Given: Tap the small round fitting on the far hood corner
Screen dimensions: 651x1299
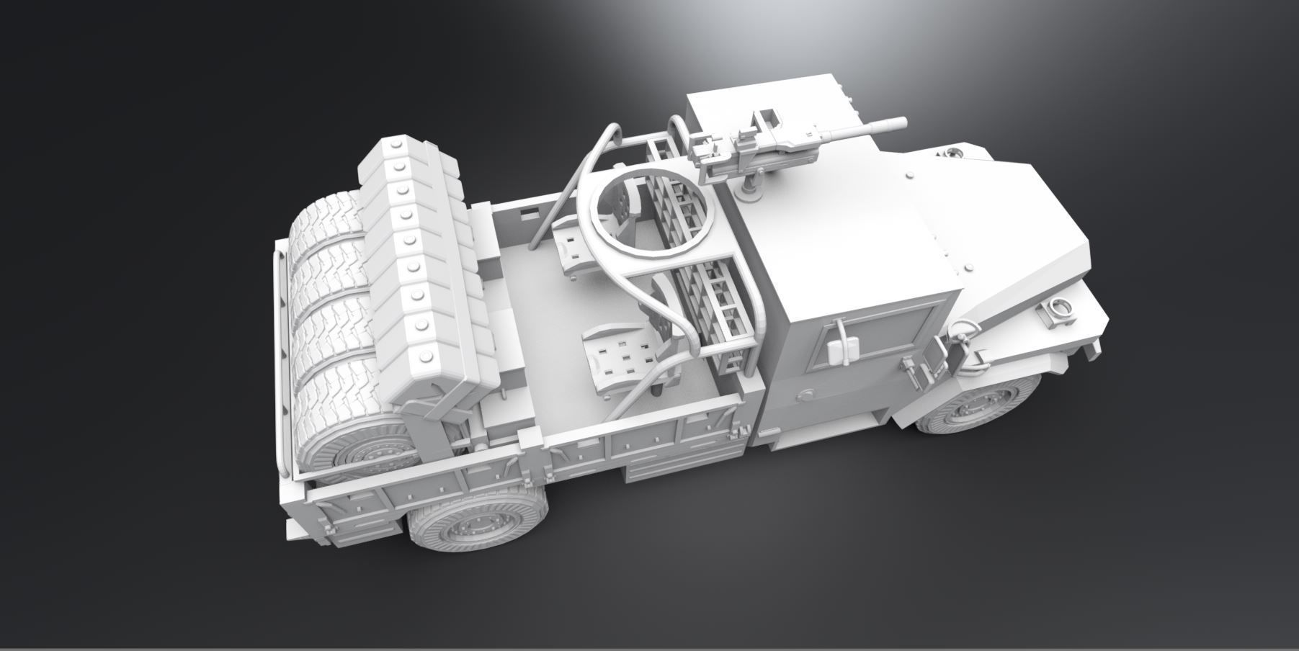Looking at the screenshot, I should point(955,153).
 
